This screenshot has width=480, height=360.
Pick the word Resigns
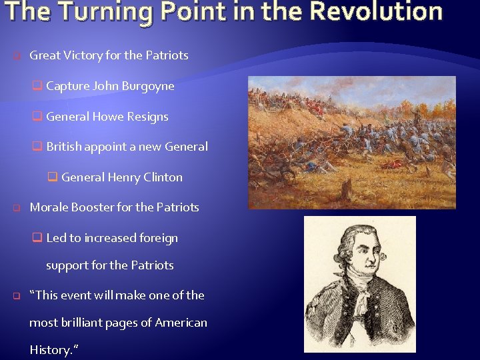coord(148,117)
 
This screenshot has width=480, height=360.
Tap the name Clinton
coord(163,177)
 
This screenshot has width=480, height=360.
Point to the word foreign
coord(158,238)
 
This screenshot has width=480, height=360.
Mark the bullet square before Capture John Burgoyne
coord(37,86)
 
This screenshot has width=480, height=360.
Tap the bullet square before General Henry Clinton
coord(52,177)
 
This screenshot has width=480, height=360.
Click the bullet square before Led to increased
coord(37,238)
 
